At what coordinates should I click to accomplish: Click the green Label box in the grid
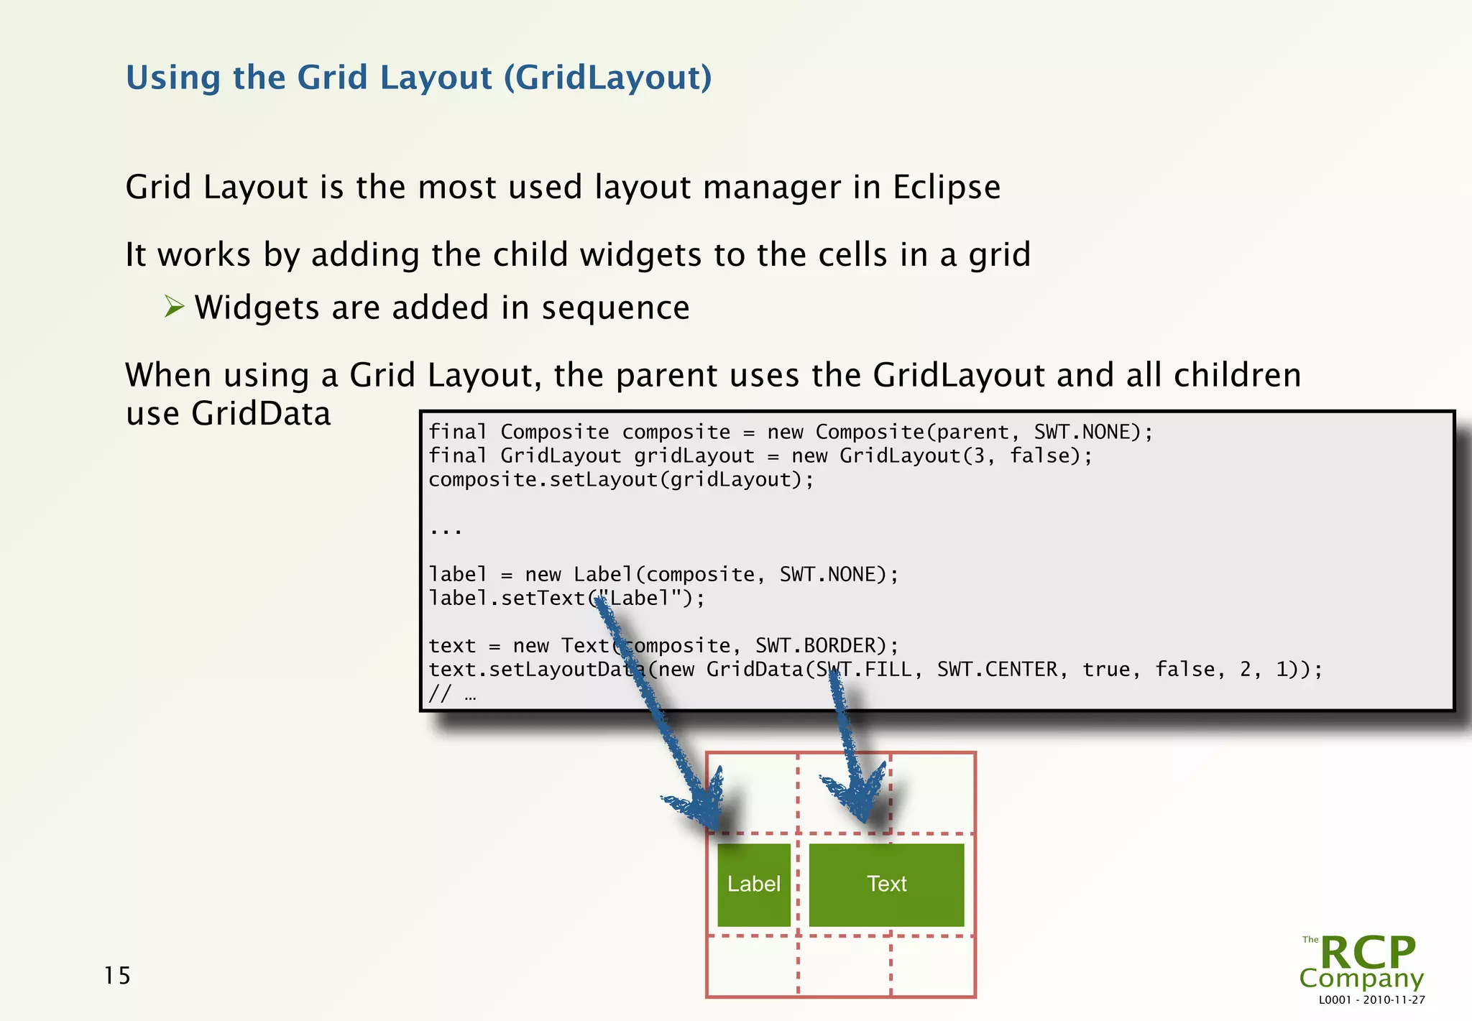(x=753, y=884)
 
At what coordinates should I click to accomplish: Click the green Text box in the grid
(x=886, y=884)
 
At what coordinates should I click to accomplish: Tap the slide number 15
(x=117, y=976)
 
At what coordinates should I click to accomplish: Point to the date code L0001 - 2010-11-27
(x=1371, y=1000)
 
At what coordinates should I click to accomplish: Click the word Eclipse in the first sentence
(x=946, y=188)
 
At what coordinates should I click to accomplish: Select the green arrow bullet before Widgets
(x=174, y=307)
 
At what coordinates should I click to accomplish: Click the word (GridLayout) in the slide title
(x=607, y=78)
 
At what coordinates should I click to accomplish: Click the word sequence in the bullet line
(x=615, y=308)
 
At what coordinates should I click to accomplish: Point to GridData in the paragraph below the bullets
(x=261, y=414)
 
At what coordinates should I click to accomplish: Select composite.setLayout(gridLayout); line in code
(x=621, y=479)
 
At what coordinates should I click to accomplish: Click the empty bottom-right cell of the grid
(x=932, y=966)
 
